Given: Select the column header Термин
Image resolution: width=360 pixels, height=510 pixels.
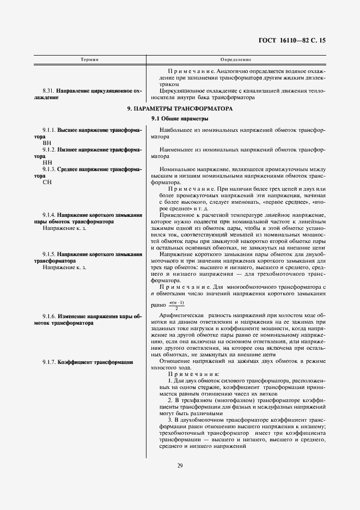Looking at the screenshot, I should point(89,58).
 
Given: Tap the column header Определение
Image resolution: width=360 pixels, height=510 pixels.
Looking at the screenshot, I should point(235,58).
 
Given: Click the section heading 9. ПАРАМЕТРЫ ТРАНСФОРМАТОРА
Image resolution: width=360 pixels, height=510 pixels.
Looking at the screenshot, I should point(180,109).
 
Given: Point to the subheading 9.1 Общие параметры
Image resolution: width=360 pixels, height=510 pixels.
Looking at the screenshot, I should point(180,119).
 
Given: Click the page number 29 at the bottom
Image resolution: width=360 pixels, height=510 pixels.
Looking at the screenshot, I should point(180,465).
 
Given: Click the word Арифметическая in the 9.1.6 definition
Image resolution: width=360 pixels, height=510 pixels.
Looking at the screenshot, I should point(181,316).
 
